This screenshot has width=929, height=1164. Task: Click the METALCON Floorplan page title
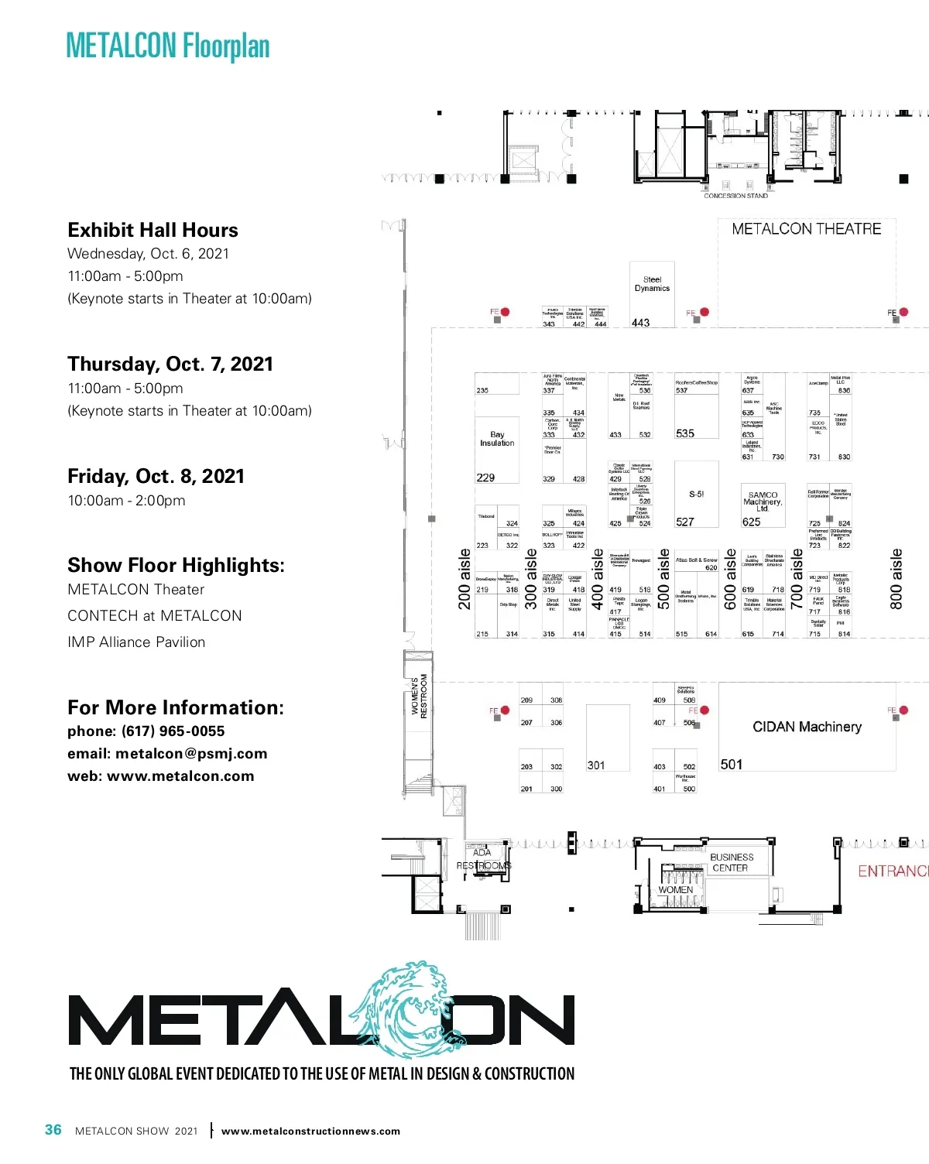coord(168,46)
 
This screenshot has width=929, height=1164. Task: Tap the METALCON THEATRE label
coord(806,229)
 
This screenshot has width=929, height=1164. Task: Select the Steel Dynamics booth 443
coord(652,294)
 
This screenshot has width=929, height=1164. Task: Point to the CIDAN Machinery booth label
coord(807,727)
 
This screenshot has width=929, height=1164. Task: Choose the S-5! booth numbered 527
coord(696,495)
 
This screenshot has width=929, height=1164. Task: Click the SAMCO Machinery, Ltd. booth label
coord(763,502)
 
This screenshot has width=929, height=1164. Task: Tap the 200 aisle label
coord(464,579)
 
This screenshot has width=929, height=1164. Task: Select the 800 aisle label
coord(896,579)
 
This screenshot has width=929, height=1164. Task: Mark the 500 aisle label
coord(664,579)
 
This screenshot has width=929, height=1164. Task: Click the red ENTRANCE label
coord(893,871)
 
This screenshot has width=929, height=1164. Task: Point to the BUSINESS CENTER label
coord(732,862)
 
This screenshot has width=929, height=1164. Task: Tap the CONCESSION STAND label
coord(735,196)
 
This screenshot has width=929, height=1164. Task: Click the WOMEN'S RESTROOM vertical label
coord(419,696)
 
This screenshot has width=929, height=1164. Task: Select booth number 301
coord(595,765)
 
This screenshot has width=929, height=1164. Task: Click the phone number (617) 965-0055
coord(173,731)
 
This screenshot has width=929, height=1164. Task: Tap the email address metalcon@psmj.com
coord(191,754)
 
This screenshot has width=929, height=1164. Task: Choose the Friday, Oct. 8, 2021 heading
coord(156,476)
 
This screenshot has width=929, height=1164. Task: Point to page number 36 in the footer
coord(53,1130)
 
